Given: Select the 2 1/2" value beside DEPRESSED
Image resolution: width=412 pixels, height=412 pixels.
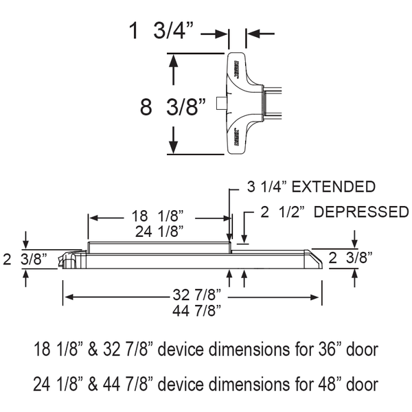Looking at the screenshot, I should (280, 211).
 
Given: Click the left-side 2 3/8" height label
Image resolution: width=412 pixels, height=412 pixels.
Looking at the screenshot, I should (26, 259).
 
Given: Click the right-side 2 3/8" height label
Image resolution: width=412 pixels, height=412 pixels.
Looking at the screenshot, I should (350, 258).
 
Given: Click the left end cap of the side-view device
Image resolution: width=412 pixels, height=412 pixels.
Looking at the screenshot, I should (69, 260).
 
